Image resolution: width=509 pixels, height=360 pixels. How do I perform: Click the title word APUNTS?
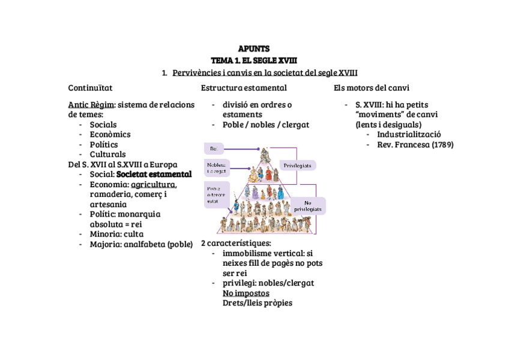pyautogui.click(x=254, y=49)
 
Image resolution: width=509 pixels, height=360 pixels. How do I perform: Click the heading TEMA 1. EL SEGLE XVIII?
pyautogui.click(x=254, y=61)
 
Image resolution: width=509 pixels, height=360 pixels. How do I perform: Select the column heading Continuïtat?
pyautogui.click(x=90, y=88)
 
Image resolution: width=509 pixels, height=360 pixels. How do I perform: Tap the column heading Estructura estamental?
pyautogui.click(x=235, y=88)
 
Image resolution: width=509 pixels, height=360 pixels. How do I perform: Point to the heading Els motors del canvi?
pyautogui.click(x=372, y=88)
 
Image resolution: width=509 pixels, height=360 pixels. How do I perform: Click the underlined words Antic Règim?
pyautogui.click(x=91, y=104)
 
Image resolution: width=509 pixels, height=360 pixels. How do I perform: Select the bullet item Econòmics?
pyautogui.click(x=110, y=134)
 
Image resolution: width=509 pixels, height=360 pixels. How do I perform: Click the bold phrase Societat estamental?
pyautogui.click(x=154, y=174)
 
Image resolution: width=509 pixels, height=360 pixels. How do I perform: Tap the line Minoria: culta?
pyautogui.click(x=116, y=234)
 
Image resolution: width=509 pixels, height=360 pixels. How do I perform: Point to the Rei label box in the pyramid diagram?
pyautogui.click(x=214, y=148)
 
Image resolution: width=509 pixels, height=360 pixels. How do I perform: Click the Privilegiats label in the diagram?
pyautogui.click(x=298, y=165)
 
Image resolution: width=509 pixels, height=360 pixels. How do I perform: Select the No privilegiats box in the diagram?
pyautogui.click(x=307, y=206)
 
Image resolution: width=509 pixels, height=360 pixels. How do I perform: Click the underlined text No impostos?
pyautogui.click(x=245, y=293)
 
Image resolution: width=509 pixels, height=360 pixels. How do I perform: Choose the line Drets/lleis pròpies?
pyautogui.click(x=257, y=303)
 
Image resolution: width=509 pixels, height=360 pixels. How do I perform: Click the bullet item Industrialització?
pyautogui.click(x=409, y=134)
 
